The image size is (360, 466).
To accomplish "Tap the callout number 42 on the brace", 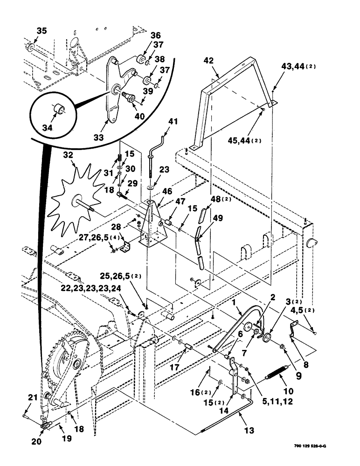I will coord(208,60).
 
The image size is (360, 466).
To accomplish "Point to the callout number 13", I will coord(249,431).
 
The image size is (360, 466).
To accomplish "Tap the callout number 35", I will coord(42,31).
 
